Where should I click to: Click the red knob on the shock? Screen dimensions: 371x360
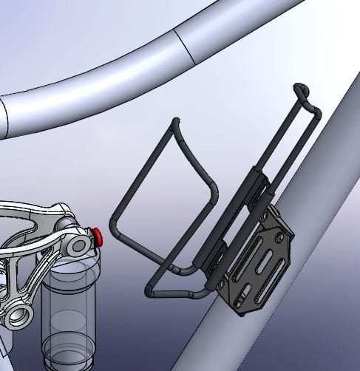97,236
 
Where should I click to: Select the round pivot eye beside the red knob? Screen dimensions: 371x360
76,244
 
